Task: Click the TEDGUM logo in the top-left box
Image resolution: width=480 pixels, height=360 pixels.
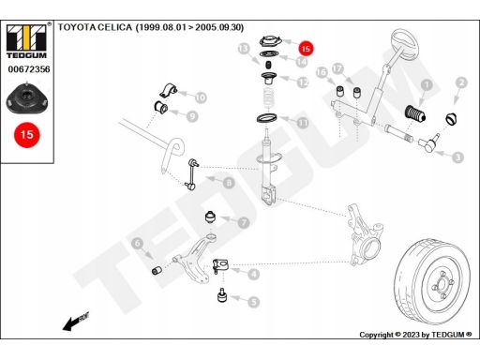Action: coord(26,41)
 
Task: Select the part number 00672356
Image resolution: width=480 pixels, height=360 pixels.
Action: coord(29,69)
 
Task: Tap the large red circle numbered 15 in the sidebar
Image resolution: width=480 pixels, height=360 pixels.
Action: coord(27,135)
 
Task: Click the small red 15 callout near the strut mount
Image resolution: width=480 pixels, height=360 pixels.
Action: coord(306,49)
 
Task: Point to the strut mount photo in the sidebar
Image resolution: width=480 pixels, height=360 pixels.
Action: coord(27,98)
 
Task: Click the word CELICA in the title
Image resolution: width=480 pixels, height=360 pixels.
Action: coord(115,27)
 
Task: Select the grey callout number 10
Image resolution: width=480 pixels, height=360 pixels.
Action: coord(201,97)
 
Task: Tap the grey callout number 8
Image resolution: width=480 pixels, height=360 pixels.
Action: coord(229,183)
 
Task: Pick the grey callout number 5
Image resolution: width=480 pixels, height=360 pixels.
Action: coord(254,302)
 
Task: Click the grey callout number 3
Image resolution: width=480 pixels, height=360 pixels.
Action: coord(458,157)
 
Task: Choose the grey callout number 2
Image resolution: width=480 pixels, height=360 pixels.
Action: coord(461,82)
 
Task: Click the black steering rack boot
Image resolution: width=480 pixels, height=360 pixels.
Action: coord(415,114)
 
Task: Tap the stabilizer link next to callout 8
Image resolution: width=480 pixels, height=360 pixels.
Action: coord(191,174)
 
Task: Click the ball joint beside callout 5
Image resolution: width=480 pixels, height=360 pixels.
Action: coord(222,295)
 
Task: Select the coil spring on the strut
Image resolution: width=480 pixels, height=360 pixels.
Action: coord(268,98)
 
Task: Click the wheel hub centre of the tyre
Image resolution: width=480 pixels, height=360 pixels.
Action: coord(442,285)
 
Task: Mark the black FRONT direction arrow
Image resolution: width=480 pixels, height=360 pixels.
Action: coord(76,322)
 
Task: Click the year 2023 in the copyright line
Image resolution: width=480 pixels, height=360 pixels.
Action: coord(411,335)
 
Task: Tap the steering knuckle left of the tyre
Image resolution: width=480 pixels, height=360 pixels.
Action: coord(364,235)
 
